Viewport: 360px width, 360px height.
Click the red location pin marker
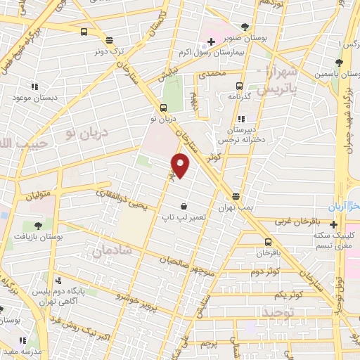(181, 166)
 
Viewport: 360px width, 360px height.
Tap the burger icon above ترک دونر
(108, 40)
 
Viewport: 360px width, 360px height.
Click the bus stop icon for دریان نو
(163, 108)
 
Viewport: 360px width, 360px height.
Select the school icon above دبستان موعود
(33, 86)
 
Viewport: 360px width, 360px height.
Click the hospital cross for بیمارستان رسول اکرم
(210, 42)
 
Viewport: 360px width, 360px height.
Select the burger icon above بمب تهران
(235, 196)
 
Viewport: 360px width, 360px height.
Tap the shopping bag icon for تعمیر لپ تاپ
(184, 206)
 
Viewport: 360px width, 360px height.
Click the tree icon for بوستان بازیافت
(38, 226)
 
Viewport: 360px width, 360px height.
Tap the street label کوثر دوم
(265, 271)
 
